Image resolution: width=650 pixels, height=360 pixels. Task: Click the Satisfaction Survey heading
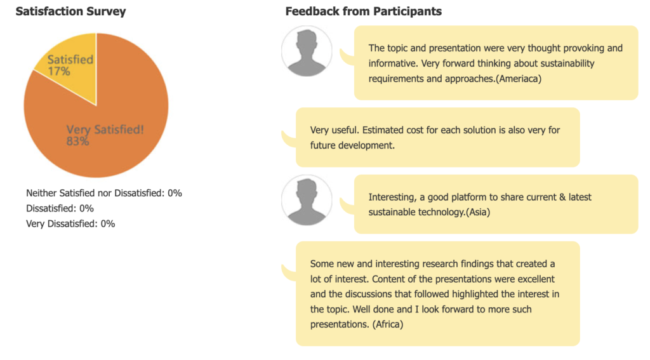click(x=70, y=11)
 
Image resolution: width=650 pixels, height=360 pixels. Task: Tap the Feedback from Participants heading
click(x=364, y=11)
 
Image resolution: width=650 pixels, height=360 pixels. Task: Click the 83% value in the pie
click(x=77, y=142)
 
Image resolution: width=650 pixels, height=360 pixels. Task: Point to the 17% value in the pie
click(x=59, y=71)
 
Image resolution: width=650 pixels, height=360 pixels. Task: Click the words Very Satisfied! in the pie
click(x=105, y=130)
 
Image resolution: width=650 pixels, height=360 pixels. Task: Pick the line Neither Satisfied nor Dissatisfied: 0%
click(x=104, y=193)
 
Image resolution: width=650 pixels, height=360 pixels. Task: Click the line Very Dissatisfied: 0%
click(x=70, y=224)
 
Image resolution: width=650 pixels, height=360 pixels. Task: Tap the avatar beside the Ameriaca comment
click(x=307, y=51)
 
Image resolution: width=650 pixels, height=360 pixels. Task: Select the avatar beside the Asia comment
click(x=307, y=201)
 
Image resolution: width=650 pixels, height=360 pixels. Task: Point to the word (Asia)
click(x=478, y=212)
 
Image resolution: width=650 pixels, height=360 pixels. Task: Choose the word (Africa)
click(x=388, y=324)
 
